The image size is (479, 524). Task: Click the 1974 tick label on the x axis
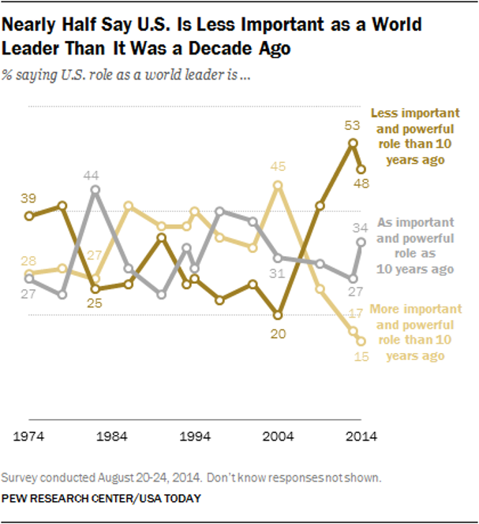[30, 437]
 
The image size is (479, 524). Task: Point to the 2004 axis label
[279, 437]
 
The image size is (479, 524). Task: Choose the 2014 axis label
[362, 437]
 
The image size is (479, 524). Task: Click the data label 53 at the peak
[352, 126]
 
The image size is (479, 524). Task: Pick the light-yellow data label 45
[278, 167]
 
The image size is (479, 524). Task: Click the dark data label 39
[29, 199]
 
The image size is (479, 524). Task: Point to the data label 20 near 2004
[277, 334]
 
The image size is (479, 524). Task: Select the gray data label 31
[276, 273]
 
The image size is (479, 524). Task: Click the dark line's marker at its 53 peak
[352, 143]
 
